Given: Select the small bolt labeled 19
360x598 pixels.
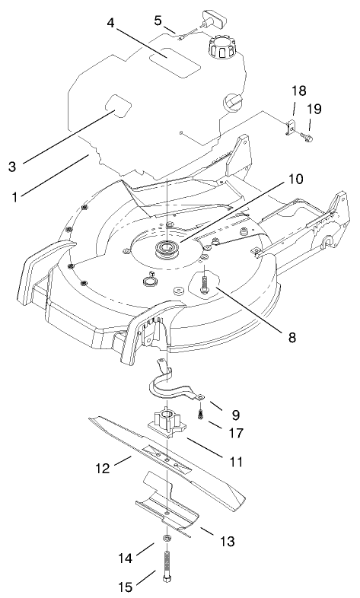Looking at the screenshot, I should [x=306, y=138].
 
